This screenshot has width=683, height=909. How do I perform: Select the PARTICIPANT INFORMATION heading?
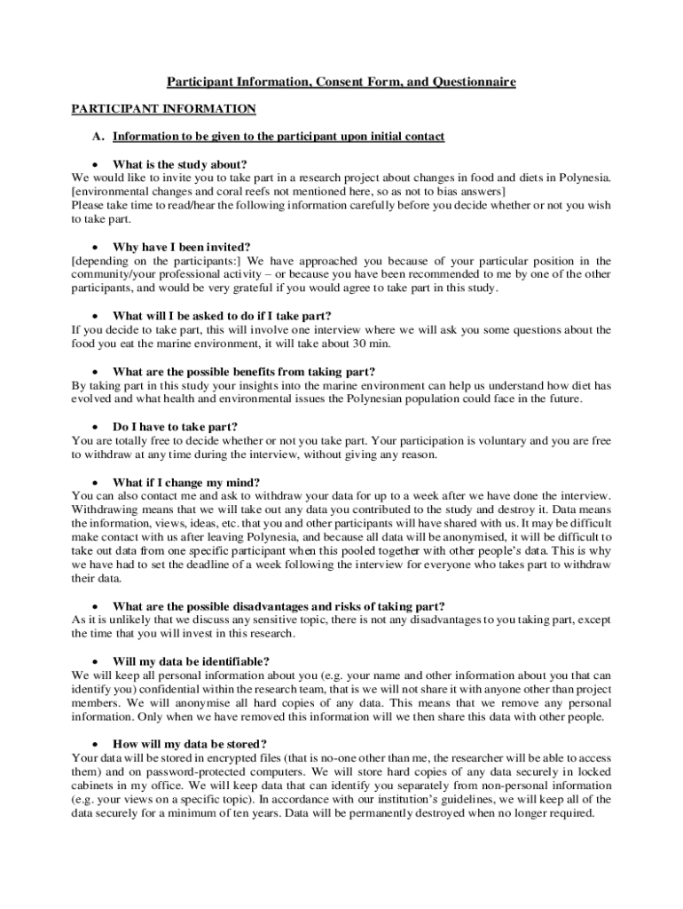tap(163, 109)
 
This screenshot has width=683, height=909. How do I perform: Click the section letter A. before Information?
tap(98, 137)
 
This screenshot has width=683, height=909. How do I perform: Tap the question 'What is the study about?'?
tap(179, 164)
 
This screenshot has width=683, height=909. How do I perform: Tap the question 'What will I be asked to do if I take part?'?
tap(222, 315)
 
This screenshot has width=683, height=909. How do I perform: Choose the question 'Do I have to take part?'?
tap(175, 426)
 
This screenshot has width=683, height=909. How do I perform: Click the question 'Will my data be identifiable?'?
tap(191, 661)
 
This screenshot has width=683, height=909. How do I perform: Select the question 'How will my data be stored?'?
tap(190, 743)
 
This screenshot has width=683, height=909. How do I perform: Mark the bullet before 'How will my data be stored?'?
tap(95, 744)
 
